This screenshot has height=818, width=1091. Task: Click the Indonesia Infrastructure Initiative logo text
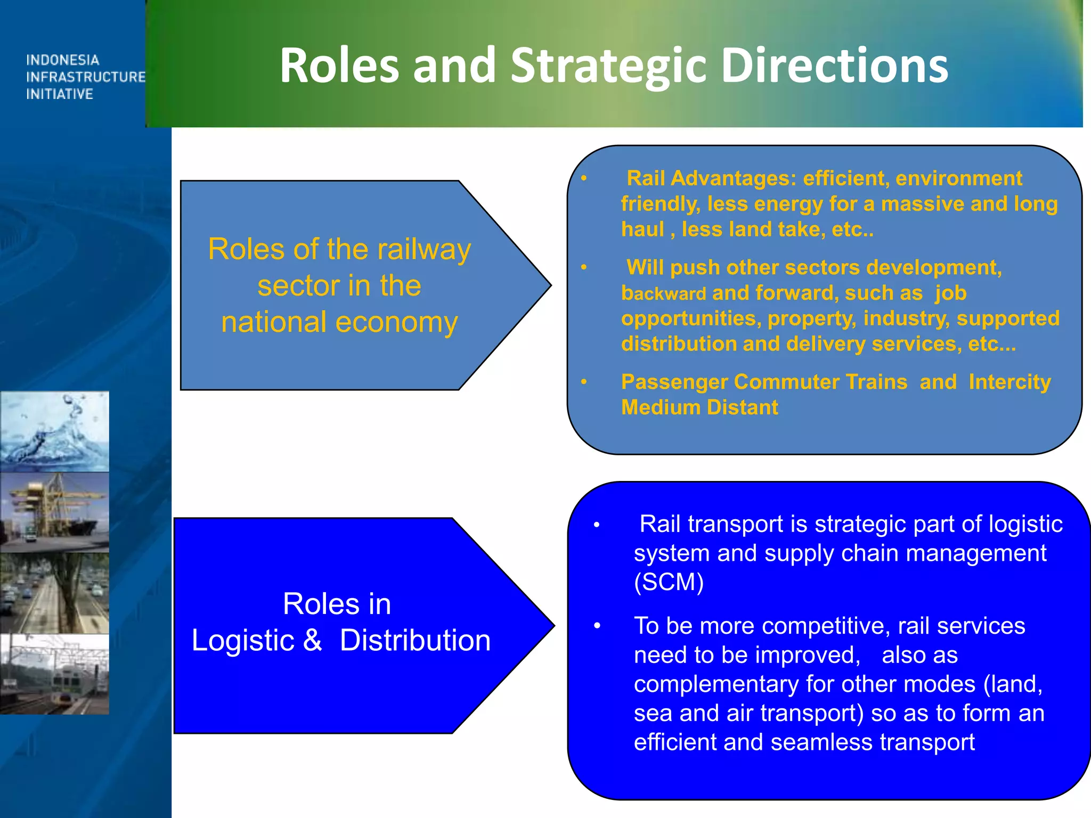(85, 77)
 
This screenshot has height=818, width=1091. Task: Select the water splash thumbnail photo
(54, 431)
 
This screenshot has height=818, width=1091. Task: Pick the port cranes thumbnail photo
(54, 512)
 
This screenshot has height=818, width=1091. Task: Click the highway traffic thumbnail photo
(54, 593)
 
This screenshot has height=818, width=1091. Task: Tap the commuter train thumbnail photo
(54, 674)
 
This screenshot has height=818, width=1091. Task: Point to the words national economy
(339, 322)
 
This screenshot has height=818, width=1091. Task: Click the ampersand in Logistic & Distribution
(312, 640)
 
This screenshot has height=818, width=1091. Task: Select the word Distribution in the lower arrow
(415, 640)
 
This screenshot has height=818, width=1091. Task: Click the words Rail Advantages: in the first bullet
(711, 178)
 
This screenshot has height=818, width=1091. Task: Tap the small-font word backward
(663, 294)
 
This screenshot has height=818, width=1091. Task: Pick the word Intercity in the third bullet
(1009, 382)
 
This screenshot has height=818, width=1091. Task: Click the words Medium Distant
(699, 407)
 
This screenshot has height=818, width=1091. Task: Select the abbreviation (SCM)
(669, 582)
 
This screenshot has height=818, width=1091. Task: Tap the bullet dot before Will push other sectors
(584, 267)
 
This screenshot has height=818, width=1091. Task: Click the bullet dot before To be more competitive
(597, 626)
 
